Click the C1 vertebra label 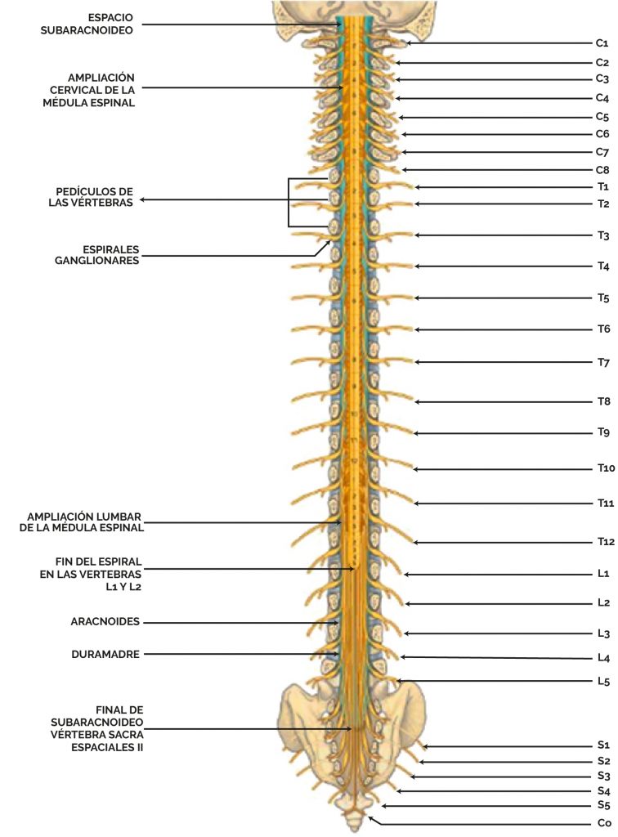coord(601,43)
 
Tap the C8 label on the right coord(602,170)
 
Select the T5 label coord(602,298)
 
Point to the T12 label coord(604,541)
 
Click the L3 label coord(603,633)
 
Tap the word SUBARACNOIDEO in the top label coord(92,31)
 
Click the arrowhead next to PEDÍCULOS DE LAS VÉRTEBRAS coord(141,199)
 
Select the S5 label coord(603,807)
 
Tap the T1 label coord(602,186)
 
